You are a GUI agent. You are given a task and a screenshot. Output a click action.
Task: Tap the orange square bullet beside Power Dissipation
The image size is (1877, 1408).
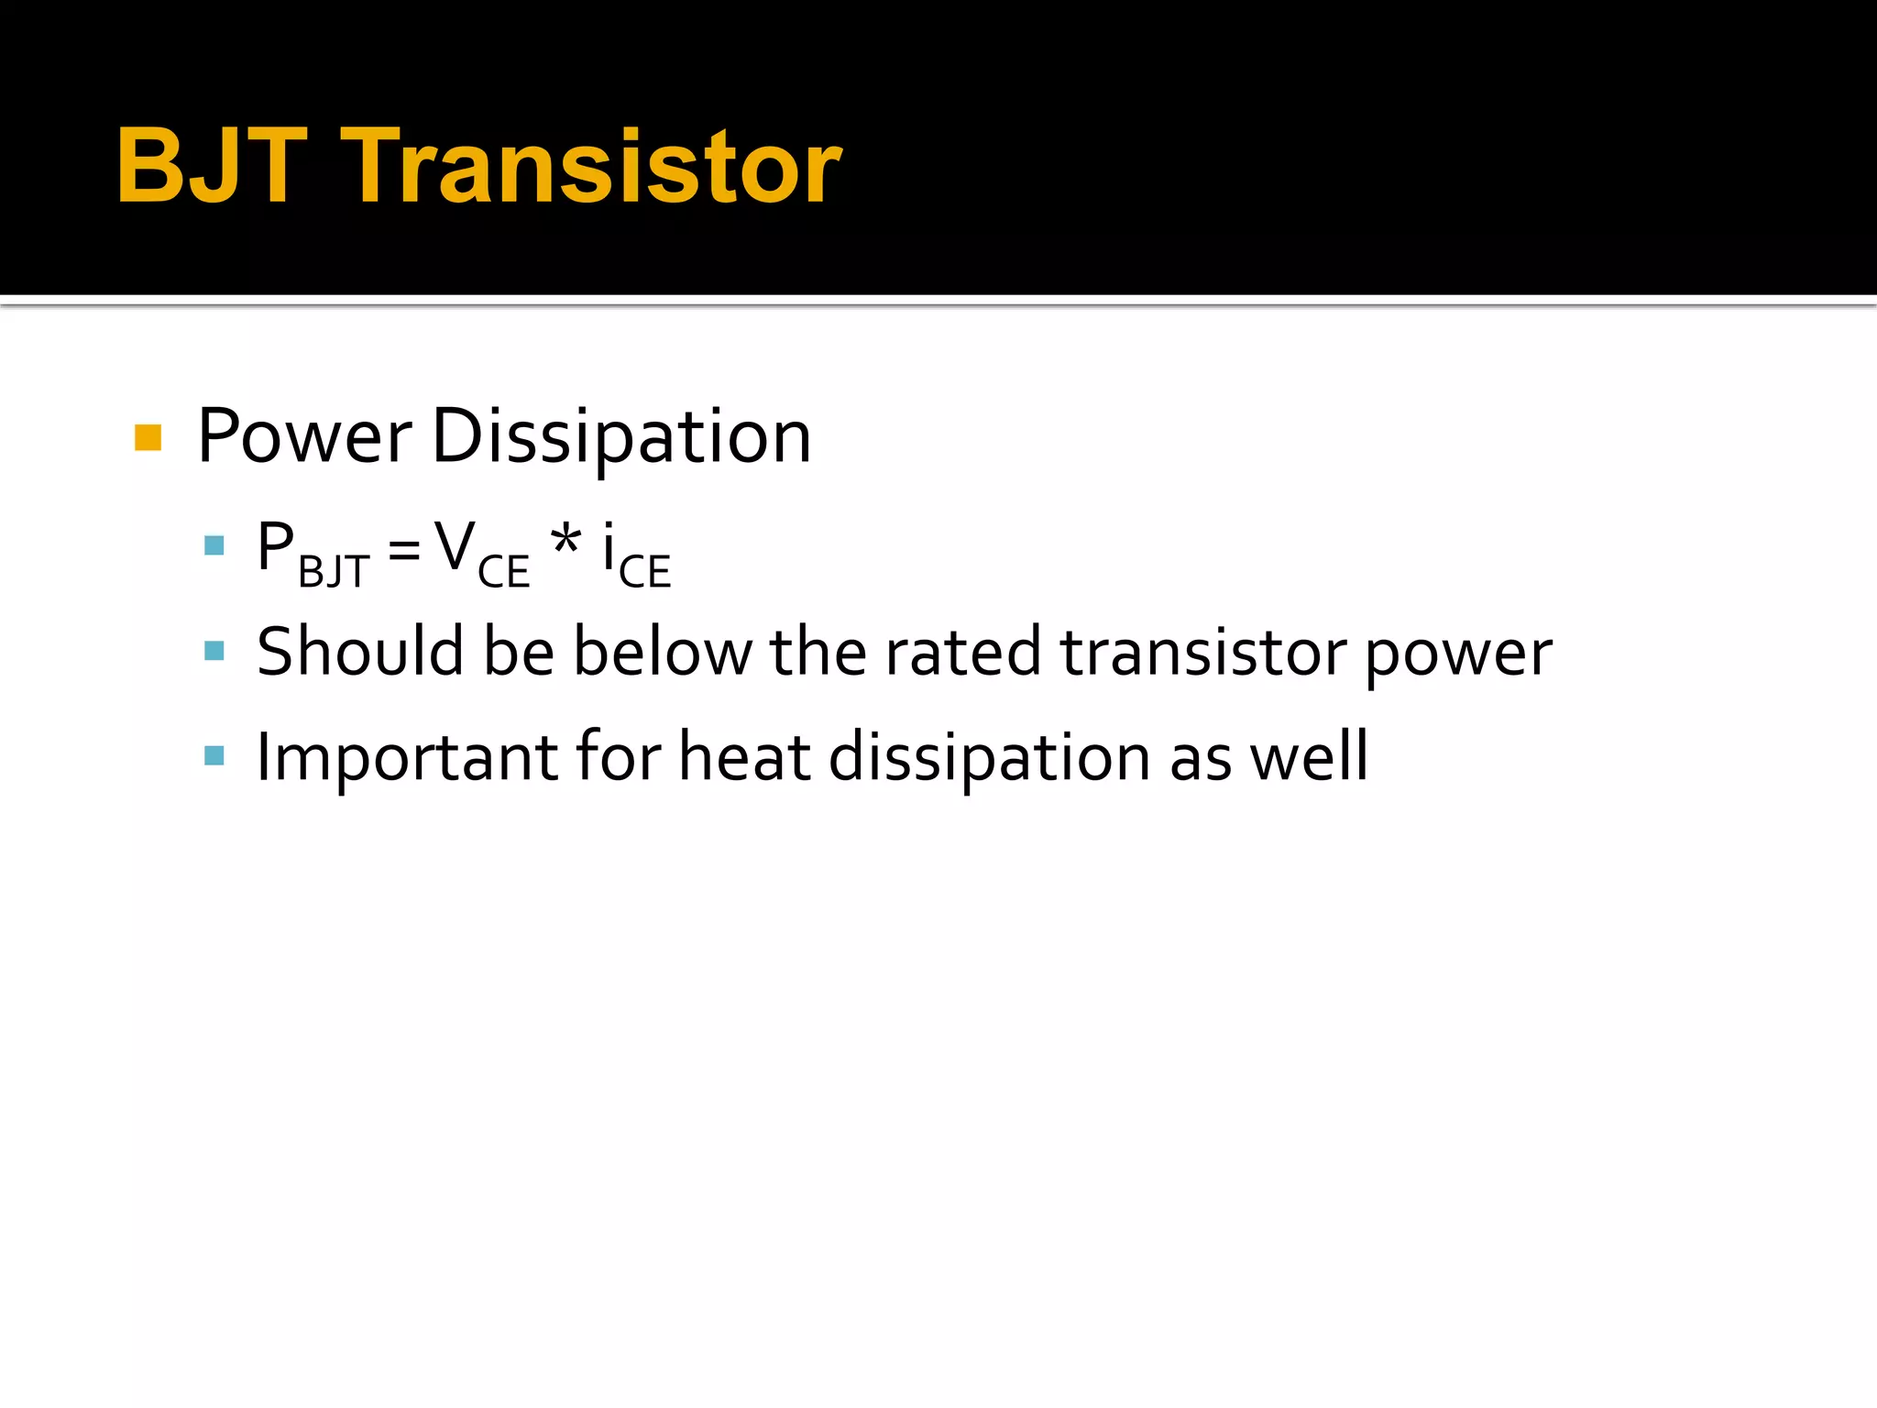(x=148, y=437)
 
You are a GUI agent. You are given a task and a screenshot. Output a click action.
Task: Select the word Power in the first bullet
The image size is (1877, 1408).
(x=304, y=437)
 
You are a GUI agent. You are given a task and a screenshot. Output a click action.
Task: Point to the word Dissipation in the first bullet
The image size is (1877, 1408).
(x=620, y=437)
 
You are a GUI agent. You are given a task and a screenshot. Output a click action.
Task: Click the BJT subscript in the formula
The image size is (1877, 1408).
(x=334, y=572)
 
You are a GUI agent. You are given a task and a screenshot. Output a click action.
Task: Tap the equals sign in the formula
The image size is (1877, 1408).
(x=403, y=550)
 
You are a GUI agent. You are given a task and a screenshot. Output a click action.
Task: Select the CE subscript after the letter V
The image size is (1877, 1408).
(x=503, y=572)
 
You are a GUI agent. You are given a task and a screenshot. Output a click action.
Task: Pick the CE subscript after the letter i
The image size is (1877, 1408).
(x=644, y=572)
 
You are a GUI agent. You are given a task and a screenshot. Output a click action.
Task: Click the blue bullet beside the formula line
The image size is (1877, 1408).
(x=214, y=546)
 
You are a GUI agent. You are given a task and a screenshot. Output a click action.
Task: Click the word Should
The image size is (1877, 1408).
(x=360, y=652)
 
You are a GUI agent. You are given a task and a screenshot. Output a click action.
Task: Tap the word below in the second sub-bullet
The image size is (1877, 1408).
(x=662, y=652)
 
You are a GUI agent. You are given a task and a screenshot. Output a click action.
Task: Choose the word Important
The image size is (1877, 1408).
(x=407, y=758)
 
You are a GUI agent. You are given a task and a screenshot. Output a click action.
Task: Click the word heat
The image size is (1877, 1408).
(x=744, y=756)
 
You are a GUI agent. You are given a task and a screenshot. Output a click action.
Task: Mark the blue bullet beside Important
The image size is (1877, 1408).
(x=214, y=755)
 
